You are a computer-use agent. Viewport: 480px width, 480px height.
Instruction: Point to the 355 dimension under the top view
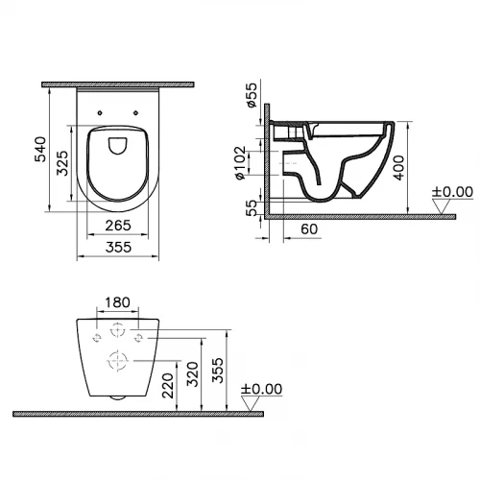tap(115, 248)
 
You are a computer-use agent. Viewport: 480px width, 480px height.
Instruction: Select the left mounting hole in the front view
tap(96, 338)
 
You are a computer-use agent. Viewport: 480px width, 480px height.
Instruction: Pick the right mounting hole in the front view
tap(139, 338)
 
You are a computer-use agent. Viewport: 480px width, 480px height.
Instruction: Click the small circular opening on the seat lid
tap(116, 145)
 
